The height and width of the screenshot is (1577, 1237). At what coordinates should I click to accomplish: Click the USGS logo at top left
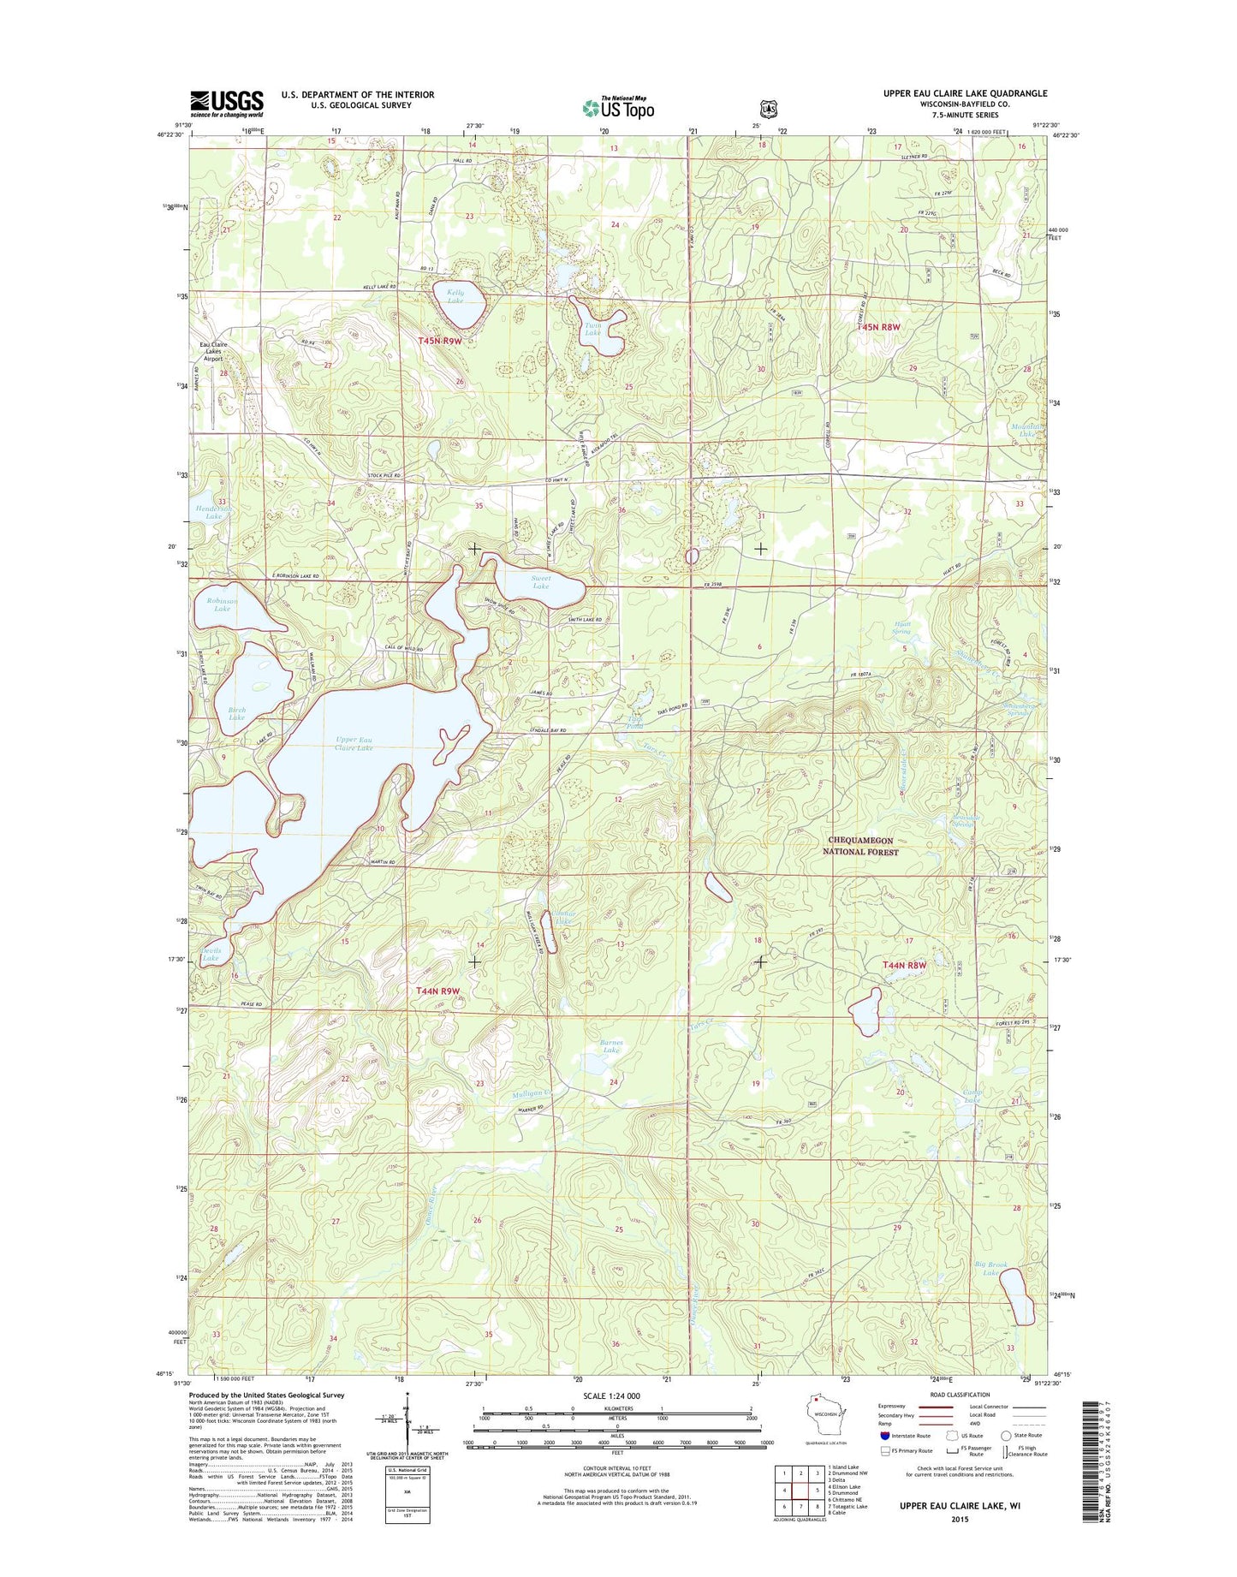227,104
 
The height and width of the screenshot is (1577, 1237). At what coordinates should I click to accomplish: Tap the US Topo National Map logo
618,108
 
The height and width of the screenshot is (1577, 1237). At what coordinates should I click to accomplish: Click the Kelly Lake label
455,296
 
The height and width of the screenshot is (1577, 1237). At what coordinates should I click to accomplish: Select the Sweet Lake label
540,582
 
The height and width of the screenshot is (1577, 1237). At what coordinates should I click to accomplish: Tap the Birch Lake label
237,714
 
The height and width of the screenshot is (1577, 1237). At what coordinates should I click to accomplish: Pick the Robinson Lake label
222,604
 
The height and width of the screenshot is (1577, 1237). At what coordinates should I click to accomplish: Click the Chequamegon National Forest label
860,846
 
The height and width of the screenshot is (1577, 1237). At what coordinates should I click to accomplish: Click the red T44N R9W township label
438,991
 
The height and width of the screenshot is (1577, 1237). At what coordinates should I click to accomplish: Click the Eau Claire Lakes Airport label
217,352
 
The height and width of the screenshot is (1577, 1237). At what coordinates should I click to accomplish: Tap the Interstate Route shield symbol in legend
884,1436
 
